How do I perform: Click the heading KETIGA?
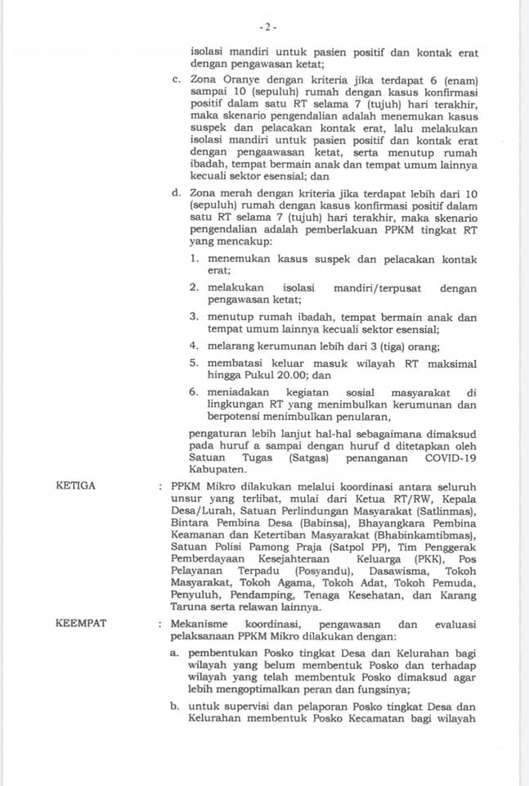point(75,486)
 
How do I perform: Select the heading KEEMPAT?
point(79,624)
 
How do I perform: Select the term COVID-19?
point(451,459)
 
